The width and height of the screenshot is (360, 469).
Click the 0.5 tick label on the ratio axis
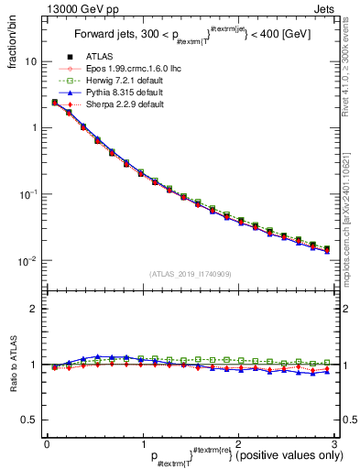coord(31,420)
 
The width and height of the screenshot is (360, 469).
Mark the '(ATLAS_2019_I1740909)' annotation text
coord(191,274)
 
